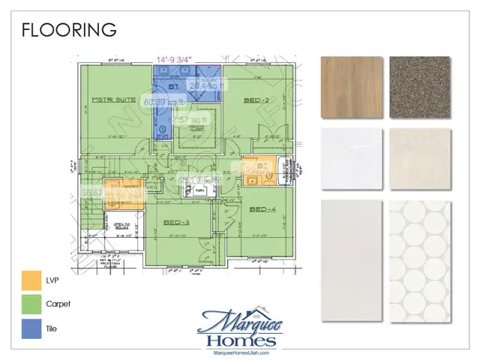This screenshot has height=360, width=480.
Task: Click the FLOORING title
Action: [68, 30]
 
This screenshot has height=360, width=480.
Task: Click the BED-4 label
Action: [264, 208]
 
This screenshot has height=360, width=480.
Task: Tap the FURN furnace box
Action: [199, 191]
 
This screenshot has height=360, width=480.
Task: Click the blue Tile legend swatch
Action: [33, 329]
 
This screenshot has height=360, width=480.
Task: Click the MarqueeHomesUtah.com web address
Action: [240, 351]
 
